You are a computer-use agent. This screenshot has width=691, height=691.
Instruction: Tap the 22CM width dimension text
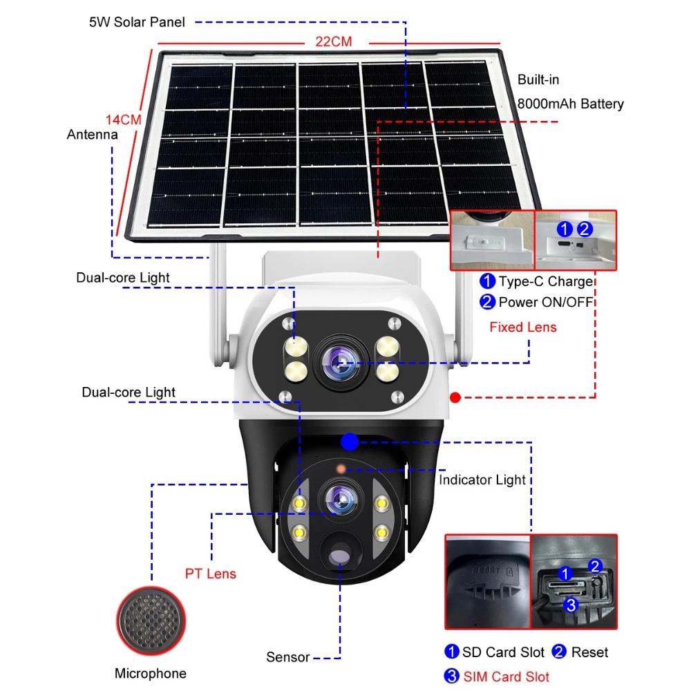334,42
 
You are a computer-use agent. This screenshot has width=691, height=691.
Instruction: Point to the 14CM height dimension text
124,119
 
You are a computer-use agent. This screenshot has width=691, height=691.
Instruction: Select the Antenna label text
92,135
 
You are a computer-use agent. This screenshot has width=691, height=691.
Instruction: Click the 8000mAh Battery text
570,104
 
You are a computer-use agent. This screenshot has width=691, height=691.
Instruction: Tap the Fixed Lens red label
522,327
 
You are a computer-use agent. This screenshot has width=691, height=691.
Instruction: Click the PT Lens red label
211,574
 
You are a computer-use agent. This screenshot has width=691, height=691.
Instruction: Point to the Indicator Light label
482,480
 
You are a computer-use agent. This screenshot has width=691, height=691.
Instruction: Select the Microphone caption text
151,673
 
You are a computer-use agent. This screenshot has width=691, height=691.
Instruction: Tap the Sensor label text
287,656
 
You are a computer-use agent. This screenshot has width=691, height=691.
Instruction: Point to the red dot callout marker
455,397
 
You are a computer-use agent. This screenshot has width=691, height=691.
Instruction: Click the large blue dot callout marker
350,441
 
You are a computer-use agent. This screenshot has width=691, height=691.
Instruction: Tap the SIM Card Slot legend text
505,676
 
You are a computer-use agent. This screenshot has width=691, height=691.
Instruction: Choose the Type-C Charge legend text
545,281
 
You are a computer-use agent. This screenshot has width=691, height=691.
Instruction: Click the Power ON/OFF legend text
547,301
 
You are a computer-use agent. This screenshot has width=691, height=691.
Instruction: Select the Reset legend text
589,652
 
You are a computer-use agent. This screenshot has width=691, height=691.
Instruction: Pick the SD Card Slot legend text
502,652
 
